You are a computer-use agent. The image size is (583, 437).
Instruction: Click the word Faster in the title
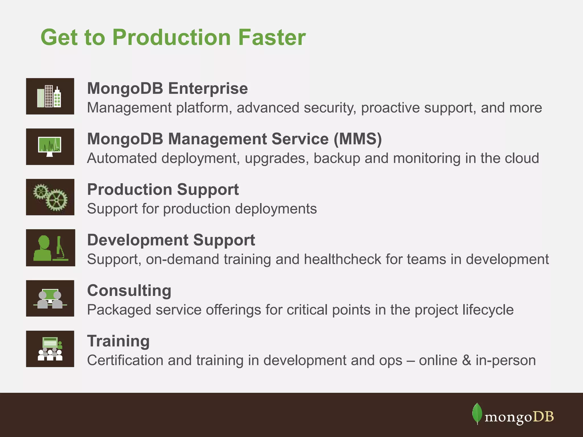pyautogui.click(x=272, y=38)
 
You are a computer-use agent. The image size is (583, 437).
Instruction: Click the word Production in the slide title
pyautogui.click(x=171, y=38)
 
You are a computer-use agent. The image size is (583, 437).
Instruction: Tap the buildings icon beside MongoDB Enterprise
pyautogui.click(x=50, y=96)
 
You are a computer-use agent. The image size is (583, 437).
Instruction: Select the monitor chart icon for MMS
pyautogui.click(x=50, y=147)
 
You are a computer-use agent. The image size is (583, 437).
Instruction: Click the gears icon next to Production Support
pyautogui.click(x=50, y=197)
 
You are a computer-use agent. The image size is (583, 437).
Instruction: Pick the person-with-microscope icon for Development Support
pyautogui.click(x=50, y=248)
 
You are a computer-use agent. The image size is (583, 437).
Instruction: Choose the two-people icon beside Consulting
pyautogui.click(x=50, y=298)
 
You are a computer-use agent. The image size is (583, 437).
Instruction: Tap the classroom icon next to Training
pyautogui.click(x=50, y=349)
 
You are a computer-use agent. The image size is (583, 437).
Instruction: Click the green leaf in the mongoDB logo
pyautogui.click(x=477, y=413)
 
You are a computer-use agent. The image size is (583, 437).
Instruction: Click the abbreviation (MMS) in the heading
pyautogui.click(x=358, y=139)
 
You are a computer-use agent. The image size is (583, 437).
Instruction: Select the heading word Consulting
pyautogui.click(x=129, y=290)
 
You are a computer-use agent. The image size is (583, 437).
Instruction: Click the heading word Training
pyautogui.click(x=118, y=341)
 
